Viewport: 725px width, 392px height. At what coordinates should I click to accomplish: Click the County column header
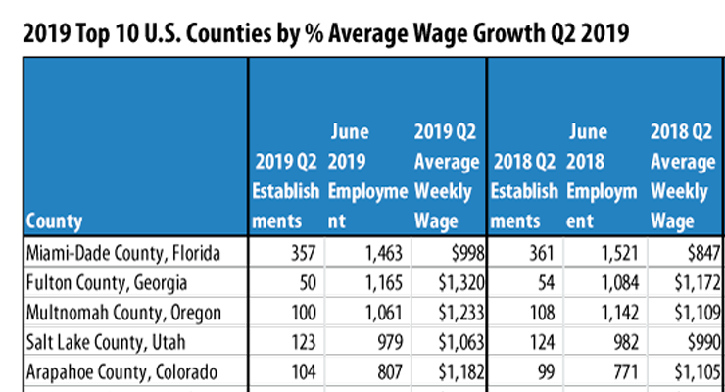point(55,220)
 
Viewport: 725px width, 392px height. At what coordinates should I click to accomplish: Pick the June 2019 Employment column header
point(368,176)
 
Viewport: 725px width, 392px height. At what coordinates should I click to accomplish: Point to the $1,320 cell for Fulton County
point(454,284)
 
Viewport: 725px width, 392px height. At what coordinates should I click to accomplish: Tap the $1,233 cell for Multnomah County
point(454,313)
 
